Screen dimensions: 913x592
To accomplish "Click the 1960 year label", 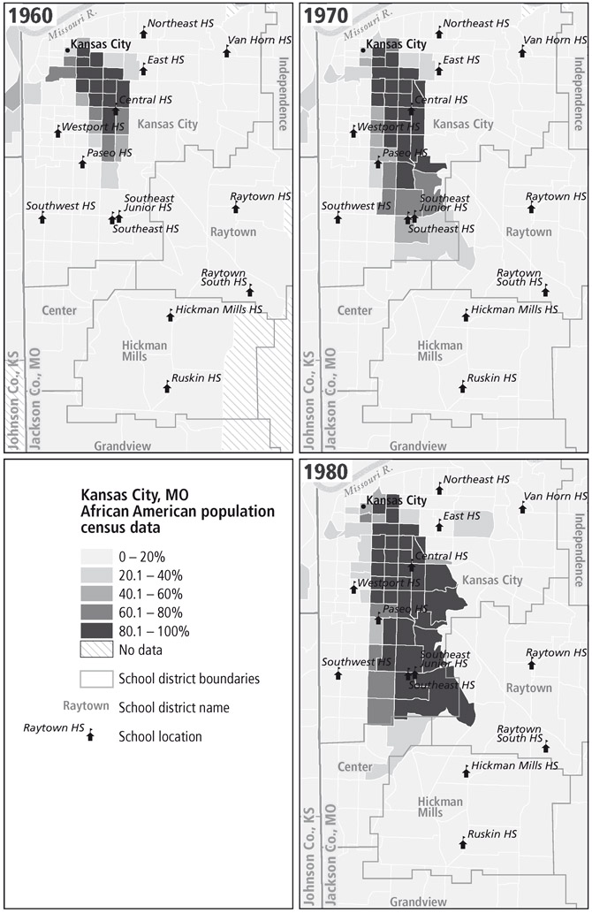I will pyautogui.click(x=29, y=16).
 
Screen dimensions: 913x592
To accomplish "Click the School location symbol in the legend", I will pyautogui.click(x=89, y=736).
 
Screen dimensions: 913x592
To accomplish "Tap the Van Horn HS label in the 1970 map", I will pyautogui.click(x=555, y=41).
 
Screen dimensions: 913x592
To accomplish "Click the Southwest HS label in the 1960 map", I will pyautogui.click(x=60, y=206).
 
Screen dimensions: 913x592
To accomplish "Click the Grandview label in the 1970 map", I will pyautogui.click(x=419, y=446).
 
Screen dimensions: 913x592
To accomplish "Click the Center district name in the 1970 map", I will pyautogui.click(x=354, y=310).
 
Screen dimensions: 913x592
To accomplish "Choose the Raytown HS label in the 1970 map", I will pyautogui.click(x=555, y=196).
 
